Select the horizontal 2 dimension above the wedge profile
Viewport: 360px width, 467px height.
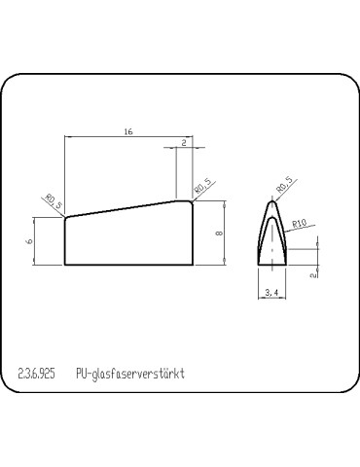coord(184,142)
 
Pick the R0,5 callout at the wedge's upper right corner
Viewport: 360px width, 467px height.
coord(202,183)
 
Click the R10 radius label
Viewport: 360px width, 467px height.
coord(301,224)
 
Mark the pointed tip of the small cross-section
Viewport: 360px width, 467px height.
coord(270,200)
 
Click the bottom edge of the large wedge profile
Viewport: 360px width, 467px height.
coord(126,265)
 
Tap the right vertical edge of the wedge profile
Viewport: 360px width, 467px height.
coord(195,233)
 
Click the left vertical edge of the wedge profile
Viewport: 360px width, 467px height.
coord(63,241)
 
